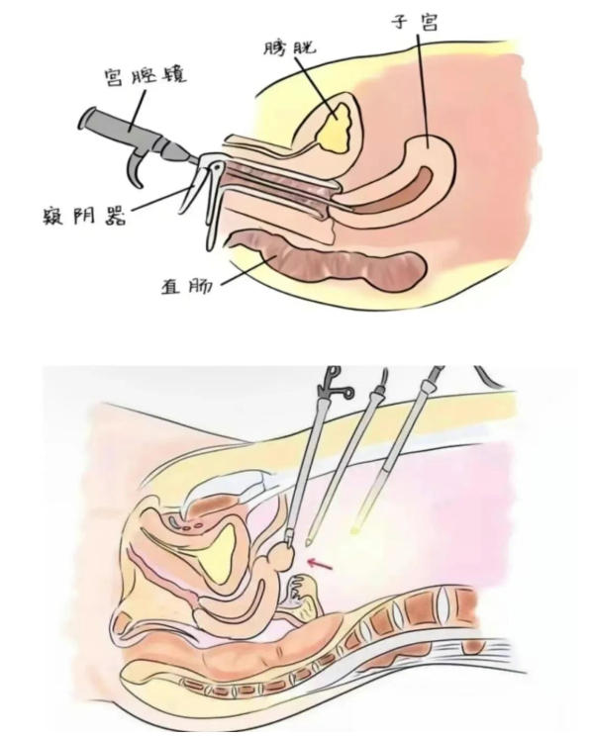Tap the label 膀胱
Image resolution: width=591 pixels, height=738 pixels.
289,47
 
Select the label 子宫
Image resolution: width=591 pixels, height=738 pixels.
415,22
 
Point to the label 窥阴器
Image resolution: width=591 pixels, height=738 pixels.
85,217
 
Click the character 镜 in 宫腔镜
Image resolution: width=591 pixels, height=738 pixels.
174,76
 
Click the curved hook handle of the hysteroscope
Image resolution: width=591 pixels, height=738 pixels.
137,167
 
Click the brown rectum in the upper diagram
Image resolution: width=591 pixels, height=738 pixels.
330,260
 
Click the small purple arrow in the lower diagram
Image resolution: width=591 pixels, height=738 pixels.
320,564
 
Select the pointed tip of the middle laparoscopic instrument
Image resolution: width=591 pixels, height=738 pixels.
309,542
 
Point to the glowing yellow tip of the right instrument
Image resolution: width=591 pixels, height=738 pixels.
356,528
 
